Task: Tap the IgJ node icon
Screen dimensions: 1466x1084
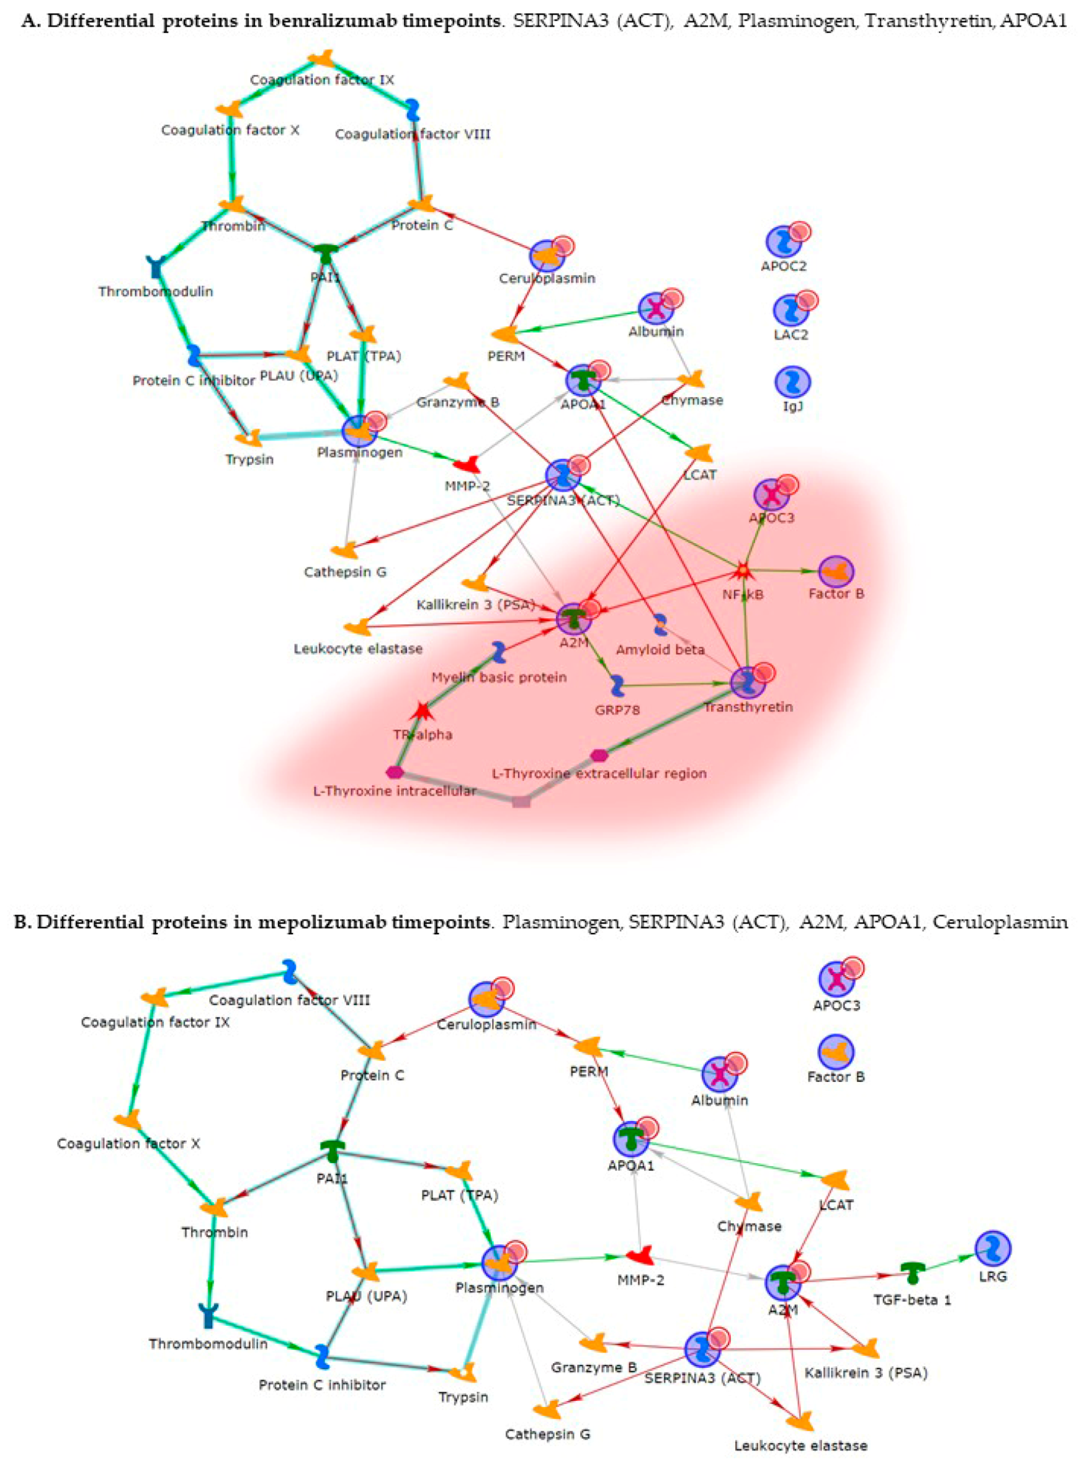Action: coord(792,382)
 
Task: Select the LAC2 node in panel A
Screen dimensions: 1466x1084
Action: coord(791,310)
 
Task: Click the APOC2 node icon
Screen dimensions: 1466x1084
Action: coord(784,241)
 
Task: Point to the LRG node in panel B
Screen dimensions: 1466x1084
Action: coord(992,1248)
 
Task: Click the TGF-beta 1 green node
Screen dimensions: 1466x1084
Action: coord(912,1272)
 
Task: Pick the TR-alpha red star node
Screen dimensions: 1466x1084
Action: coord(423,710)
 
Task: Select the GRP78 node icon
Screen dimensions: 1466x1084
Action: coord(617,686)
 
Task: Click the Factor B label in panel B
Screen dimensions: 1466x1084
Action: coord(836,1077)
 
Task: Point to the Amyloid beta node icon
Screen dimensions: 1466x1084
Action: coord(661,625)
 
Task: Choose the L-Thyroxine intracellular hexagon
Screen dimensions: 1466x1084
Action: coord(395,771)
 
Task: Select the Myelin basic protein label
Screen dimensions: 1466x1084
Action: coord(499,677)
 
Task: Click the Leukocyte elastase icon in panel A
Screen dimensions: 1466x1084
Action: coord(358,627)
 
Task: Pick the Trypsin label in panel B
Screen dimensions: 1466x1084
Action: coord(464,1397)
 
